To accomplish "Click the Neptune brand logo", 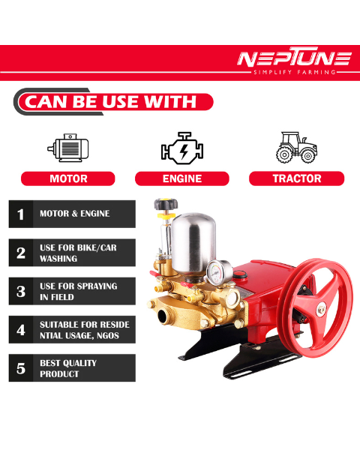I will [x=293, y=58].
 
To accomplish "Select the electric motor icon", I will [x=68, y=148].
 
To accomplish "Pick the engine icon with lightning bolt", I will [x=182, y=148].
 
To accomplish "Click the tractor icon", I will [x=296, y=147].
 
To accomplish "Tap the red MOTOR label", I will [x=68, y=178].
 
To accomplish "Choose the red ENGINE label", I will [x=182, y=178].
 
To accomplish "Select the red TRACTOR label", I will [x=296, y=178].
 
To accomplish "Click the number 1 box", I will [x=21, y=214].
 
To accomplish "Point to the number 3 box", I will [x=21, y=292].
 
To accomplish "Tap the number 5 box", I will [x=21, y=368].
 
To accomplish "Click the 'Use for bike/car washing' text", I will [x=78, y=253].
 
